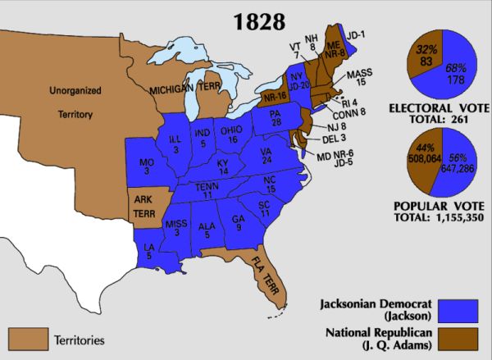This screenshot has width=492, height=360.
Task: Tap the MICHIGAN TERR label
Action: click(x=182, y=88)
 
